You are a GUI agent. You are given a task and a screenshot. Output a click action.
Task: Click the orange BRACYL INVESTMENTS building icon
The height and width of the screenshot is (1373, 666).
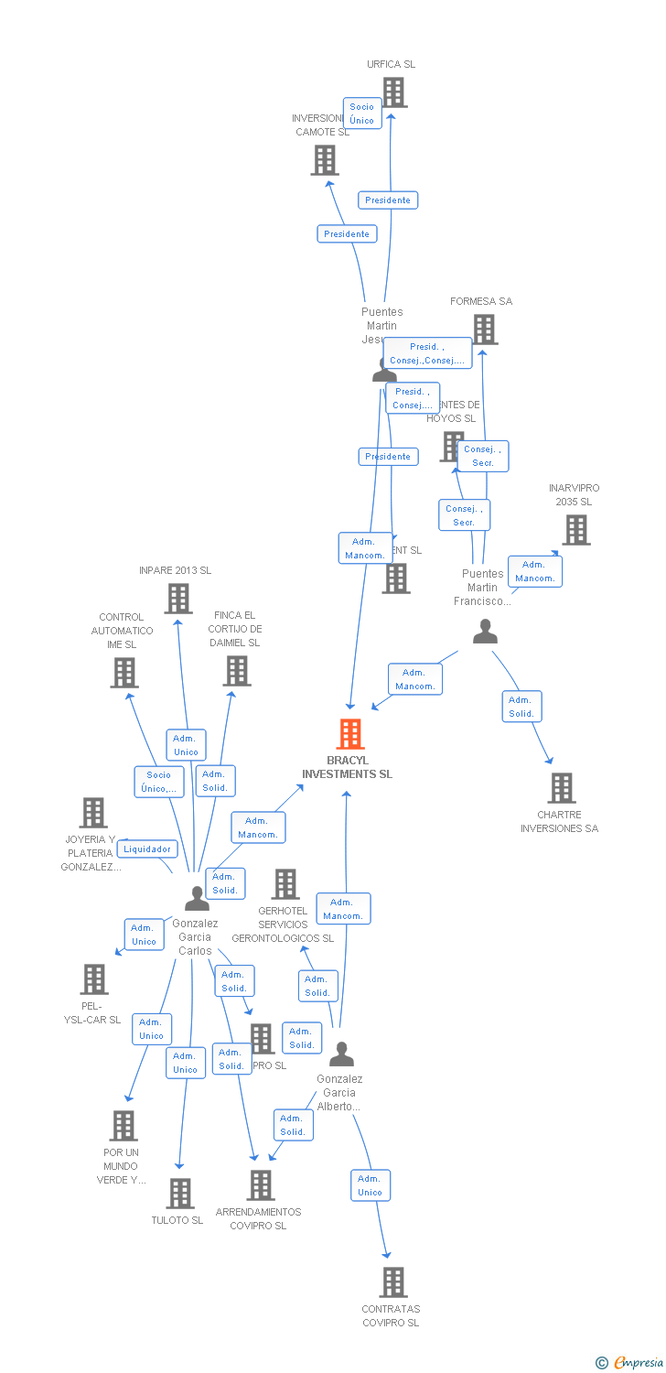349,734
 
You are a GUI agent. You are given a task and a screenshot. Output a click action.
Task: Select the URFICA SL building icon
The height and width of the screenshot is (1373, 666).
393,92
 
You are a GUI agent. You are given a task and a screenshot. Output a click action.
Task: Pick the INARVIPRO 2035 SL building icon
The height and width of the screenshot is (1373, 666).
575,530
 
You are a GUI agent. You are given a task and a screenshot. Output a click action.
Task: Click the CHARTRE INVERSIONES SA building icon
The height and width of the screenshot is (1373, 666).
561,788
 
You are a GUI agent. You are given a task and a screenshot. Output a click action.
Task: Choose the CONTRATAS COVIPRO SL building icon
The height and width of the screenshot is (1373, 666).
392,1282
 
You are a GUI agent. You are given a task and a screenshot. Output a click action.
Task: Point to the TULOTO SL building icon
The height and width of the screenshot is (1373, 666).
179,1194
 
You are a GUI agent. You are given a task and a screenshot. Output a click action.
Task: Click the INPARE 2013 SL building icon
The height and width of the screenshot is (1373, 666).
177,599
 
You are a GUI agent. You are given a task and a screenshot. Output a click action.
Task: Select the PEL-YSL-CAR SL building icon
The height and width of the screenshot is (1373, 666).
93,979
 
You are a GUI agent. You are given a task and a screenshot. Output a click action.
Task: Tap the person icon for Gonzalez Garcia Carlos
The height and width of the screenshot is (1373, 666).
197,899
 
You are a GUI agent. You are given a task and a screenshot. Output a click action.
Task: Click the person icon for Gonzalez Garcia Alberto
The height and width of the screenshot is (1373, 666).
341,1054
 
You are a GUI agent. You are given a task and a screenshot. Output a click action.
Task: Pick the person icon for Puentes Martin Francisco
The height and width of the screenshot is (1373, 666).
485,632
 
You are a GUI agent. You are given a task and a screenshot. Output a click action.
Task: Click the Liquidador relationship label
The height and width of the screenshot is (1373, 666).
146,849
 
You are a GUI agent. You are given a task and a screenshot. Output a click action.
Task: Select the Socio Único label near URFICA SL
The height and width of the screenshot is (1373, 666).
361,114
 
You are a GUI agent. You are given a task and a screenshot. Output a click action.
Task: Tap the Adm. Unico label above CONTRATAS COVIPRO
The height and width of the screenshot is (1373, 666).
370,1185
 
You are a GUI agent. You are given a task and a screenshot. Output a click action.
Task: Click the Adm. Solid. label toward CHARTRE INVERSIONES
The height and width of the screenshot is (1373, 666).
521,707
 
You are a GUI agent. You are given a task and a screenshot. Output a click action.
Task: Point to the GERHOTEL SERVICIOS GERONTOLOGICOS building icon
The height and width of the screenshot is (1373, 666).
285,884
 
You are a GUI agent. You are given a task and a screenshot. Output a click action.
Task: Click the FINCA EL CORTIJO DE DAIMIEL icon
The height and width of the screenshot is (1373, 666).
236,671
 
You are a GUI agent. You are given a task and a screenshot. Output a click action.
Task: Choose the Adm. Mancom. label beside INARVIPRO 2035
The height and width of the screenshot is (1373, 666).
534,571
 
